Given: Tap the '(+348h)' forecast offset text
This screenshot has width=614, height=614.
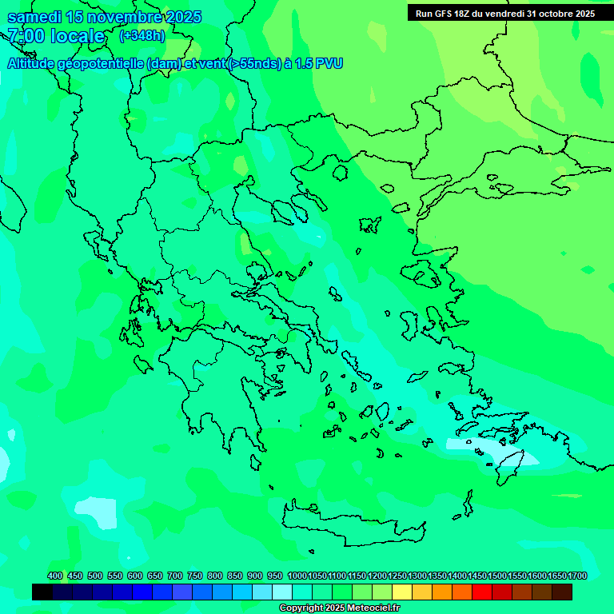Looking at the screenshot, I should [142, 35].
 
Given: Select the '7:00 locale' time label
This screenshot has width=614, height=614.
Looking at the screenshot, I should [56, 36].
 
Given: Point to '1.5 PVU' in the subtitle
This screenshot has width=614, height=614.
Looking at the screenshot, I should [318, 63].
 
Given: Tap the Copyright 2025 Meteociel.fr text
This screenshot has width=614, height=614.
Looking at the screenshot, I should [339, 608].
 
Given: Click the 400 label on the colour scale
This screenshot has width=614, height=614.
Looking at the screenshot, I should [55, 576].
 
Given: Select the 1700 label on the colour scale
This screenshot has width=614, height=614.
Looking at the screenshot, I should [577, 576].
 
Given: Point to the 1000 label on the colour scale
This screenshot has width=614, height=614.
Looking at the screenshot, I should [297, 576].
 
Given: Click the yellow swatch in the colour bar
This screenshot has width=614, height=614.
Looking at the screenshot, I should [402, 592].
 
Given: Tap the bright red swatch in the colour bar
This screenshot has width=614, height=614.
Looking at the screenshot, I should [482, 592].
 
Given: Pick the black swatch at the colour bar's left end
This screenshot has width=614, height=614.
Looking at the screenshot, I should [42, 592].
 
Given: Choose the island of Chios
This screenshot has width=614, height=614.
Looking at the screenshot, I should [409, 324].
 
